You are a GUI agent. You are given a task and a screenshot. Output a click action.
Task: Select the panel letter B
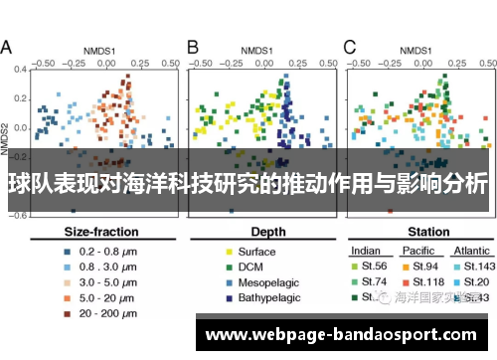[x=193, y=47]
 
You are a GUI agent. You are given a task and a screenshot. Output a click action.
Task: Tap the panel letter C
[x=350, y=47]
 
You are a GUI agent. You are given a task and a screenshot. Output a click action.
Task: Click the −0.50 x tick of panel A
[x=42, y=62]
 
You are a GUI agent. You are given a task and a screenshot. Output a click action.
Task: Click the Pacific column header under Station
[x=417, y=251]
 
